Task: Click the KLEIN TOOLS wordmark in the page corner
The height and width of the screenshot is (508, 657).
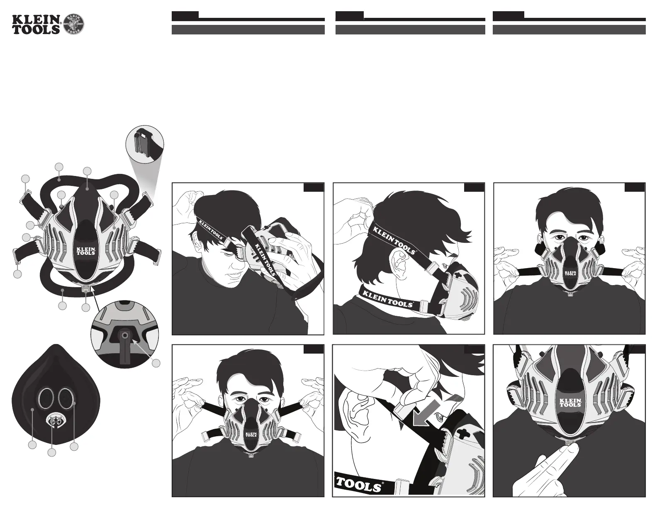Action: tap(36, 24)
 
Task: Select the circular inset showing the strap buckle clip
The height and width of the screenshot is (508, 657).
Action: tap(145, 143)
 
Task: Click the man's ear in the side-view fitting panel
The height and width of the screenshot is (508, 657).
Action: tap(398, 256)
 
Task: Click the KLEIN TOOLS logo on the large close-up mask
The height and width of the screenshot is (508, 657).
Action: tap(571, 403)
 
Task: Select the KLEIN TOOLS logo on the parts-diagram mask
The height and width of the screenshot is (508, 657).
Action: tap(86, 251)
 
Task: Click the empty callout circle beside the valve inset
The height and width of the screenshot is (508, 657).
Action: tap(156, 363)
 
